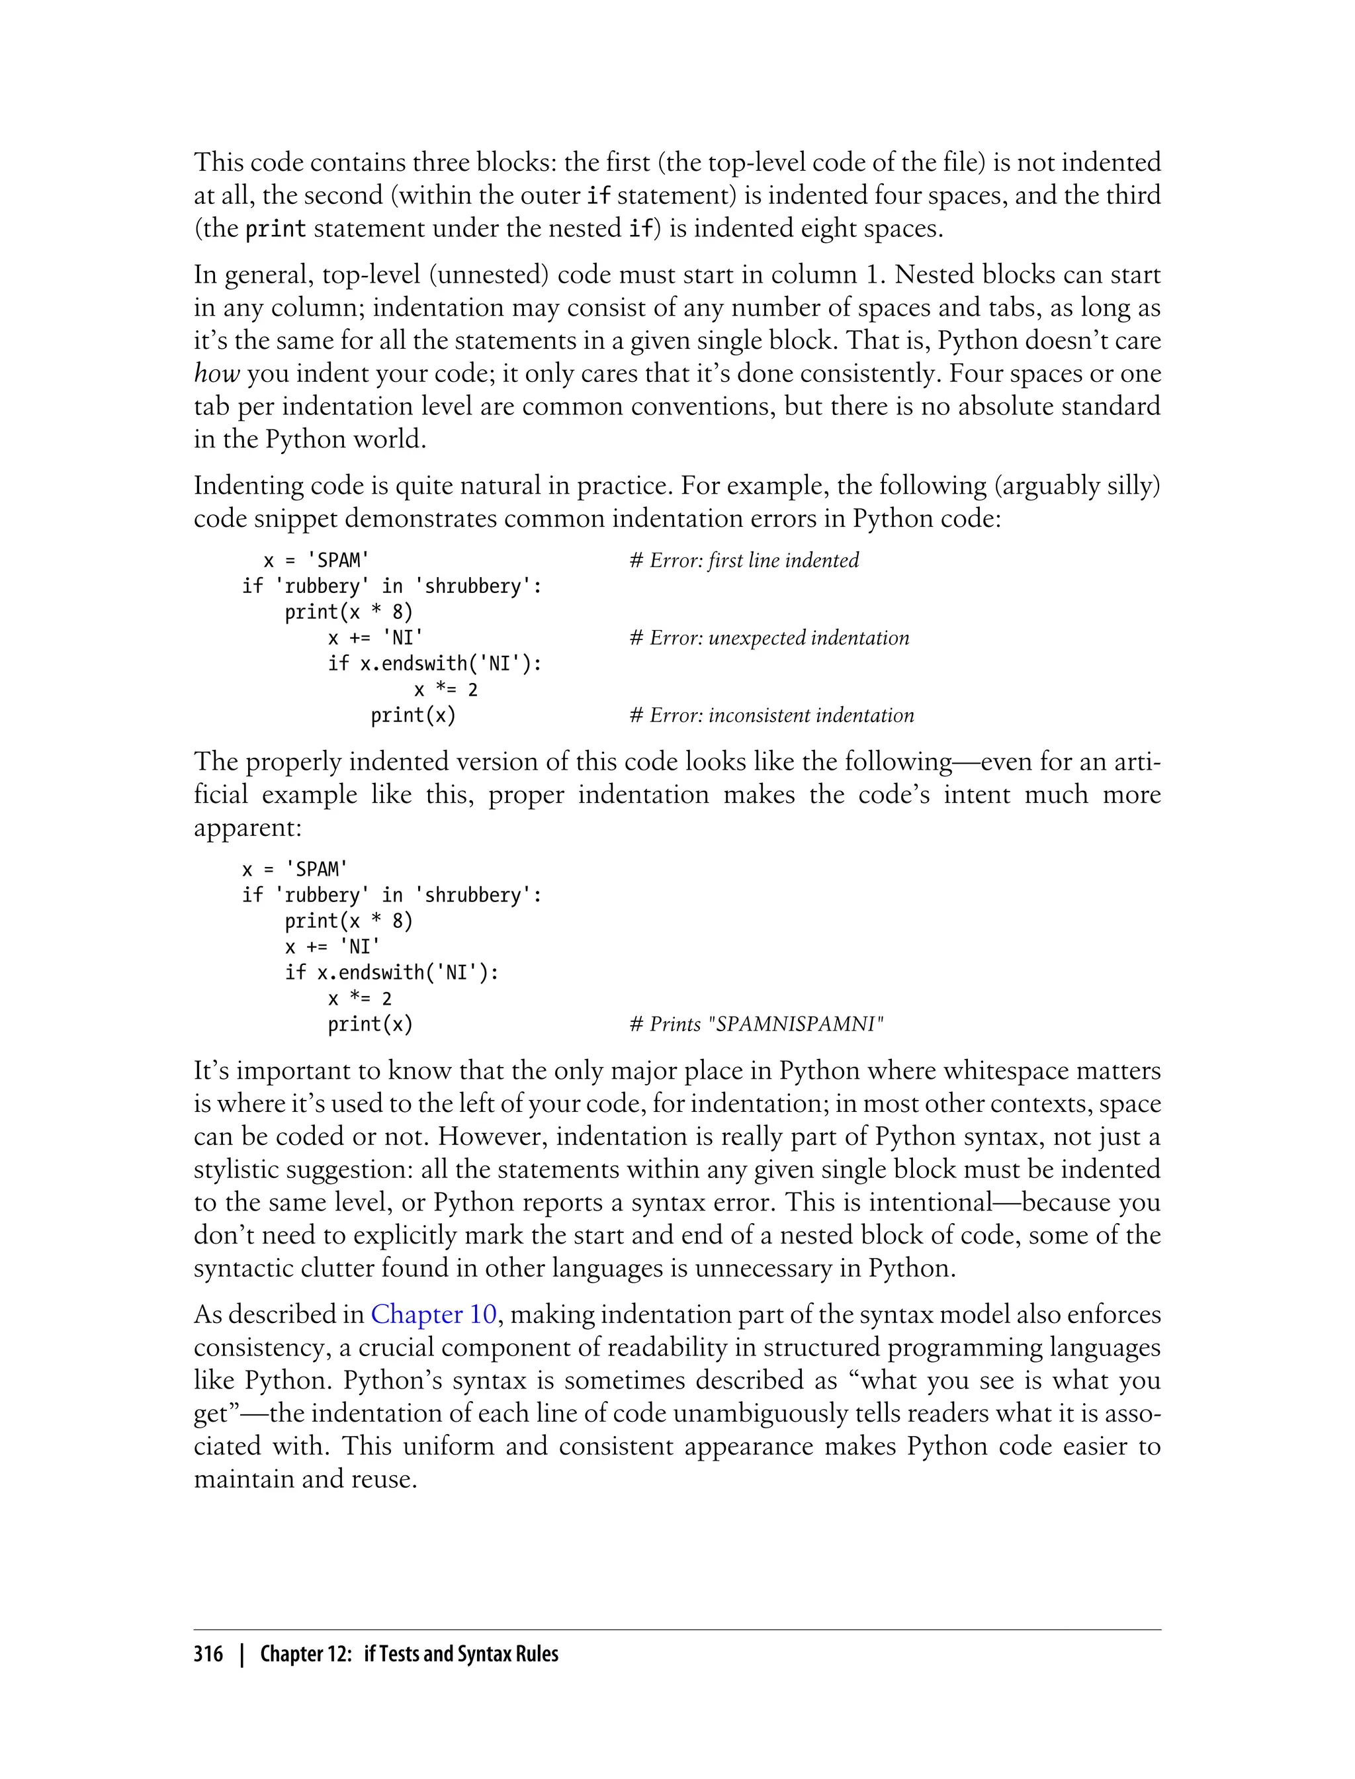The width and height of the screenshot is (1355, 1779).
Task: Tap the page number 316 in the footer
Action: click(208, 1654)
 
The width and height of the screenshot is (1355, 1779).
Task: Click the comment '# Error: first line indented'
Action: click(744, 560)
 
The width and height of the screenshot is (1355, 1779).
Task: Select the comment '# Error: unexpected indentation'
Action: click(769, 637)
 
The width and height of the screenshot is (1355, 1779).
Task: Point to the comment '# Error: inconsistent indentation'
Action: click(771, 715)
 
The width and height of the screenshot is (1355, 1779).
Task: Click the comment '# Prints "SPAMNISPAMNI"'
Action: click(756, 1024)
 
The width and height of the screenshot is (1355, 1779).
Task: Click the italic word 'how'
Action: click(216, 373)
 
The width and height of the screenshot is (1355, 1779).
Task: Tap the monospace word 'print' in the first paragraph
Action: click(275, 229)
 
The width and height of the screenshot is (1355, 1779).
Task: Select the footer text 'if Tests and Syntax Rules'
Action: click(460, 1654)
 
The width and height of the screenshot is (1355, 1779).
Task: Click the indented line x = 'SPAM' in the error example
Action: click(316, 560)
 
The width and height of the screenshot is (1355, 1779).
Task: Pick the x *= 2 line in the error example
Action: click(445, 690)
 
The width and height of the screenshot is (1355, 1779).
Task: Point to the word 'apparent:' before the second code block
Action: click(247, 828)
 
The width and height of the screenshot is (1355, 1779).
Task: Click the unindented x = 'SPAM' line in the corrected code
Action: click(294, 869)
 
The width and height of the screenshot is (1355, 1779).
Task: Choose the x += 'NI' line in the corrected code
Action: click(331, 946)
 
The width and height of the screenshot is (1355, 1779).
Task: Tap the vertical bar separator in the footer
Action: click(241, 1654)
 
